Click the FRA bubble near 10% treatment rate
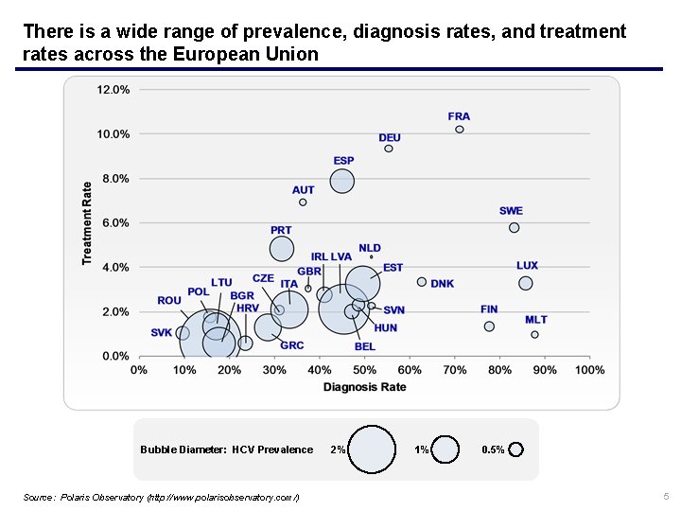click(x=460, y=130)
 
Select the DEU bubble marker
click(x=389, y=149)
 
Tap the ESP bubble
click(x=342, y=180)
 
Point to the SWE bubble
click(x=514, y=227)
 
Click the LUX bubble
click(x=526, y=283)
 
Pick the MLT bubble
click(x=534, y=334)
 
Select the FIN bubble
click(x=489, y=326)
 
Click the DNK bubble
click(x=422, y=282)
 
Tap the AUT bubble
click(x=303, y=202)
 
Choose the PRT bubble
click(x=282, y=249)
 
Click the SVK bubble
click(x=183, y=333)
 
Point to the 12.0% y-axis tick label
click(x=113, y=90)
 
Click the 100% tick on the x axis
click(x=590, y=370)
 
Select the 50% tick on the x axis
click(x=364, y=370)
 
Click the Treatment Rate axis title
click(x=88, y=223)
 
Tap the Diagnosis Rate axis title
click(x=364, y=388)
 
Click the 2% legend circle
click(x=373, y=449)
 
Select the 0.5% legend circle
click(x=515, y=449)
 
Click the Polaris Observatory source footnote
click(x=161, y=497)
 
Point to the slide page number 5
click(x=666, y=496)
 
